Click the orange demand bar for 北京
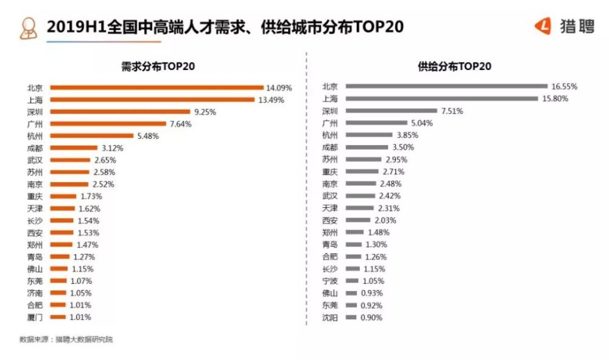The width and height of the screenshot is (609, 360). pos(157,88)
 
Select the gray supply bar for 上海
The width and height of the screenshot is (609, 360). pos(442,99)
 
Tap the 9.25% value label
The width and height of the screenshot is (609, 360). pos(205,112)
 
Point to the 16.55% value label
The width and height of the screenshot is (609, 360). pos(565,86)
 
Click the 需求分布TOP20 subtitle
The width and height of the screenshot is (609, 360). pos(158,66)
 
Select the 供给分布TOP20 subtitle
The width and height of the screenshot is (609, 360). pos(454,66)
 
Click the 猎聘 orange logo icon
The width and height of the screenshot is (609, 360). pos(543,26)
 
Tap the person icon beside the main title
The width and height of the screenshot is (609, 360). pos(29,28)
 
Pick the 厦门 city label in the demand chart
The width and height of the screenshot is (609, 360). pos(35,317)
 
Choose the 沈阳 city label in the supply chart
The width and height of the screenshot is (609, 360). pos(329,318)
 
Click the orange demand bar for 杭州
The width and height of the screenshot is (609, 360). pos(92,136)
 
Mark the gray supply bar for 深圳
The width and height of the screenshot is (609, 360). pos(392,111)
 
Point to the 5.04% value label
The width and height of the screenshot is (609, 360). pos(422,123)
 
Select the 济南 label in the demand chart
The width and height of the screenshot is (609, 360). pos(35,293)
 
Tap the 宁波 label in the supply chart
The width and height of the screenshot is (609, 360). pos(329,281)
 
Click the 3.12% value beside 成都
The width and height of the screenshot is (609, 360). pos(112,148)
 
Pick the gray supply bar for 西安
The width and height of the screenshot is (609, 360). pos(358,220)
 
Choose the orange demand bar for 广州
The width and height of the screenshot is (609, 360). pos(108,124)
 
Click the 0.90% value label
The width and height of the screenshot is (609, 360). pos(371,318)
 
